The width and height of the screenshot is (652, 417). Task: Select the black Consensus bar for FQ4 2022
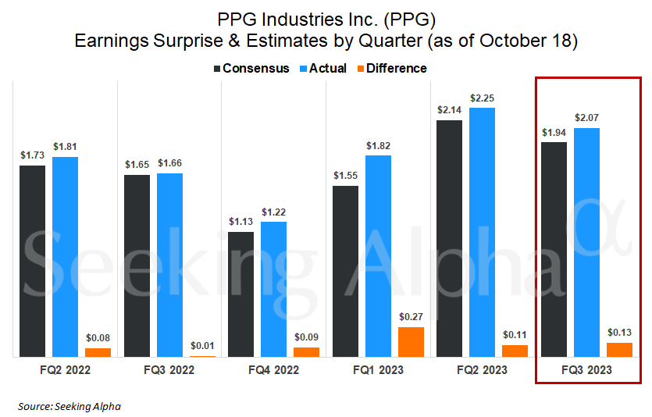240,294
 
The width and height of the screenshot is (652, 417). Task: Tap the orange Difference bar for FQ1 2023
410,341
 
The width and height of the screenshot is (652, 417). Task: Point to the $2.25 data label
482,98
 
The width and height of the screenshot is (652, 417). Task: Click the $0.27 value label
410,317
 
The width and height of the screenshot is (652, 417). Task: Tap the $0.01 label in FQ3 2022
201,346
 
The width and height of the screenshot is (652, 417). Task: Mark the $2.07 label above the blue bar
586,118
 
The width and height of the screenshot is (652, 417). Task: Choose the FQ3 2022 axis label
169,369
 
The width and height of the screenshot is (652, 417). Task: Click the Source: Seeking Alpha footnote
69,406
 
